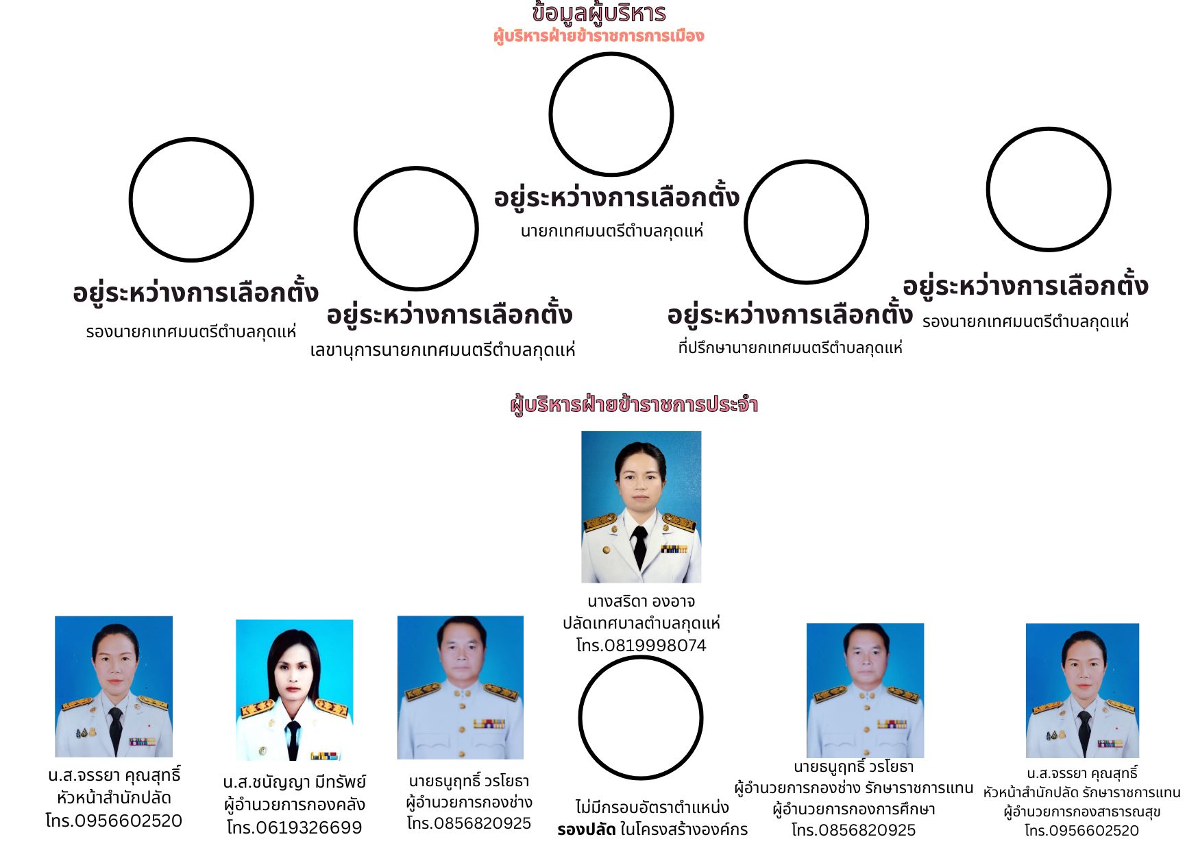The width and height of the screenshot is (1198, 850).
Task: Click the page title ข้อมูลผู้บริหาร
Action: coord(598,13)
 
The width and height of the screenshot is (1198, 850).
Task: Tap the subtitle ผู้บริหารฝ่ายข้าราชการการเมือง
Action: coord(598,36)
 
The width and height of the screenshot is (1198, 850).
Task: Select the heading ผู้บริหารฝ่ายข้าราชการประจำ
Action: coord(634,404)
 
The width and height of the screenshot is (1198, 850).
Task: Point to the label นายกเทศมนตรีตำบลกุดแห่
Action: coord(612,231)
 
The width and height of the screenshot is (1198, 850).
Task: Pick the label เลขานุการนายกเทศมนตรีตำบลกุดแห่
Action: coord(443,350)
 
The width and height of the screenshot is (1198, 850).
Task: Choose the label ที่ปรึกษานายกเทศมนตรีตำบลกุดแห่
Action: coord(790,348)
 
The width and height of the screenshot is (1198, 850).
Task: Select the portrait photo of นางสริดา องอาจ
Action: coord(641,507)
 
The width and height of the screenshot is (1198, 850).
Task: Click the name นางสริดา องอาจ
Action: coord(641,601)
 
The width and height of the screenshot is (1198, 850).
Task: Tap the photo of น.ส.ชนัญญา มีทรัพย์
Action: coord(295,690)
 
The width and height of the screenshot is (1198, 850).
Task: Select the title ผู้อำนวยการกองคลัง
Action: coord(295,804)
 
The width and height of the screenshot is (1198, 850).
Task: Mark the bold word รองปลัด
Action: coord(586,829)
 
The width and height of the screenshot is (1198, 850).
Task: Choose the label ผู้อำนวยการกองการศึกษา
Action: coord(854,809)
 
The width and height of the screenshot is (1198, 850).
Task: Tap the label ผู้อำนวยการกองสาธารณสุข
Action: coord(1082,812)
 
